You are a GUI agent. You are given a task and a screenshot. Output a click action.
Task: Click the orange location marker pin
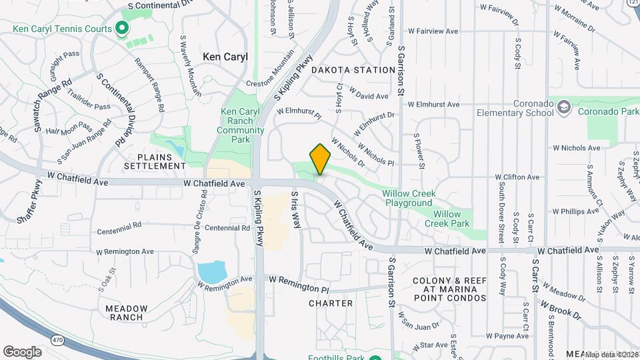click(321, 159)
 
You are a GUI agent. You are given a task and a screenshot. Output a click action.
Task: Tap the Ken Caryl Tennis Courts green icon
click(121, 28)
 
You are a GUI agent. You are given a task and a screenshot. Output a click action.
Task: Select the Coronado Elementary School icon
click(564, 107)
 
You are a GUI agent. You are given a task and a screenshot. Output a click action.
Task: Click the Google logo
click(22, 351)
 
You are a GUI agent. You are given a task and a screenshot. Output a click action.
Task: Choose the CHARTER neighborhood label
click(331, 303)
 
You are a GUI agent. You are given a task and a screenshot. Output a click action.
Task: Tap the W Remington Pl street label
click(300, 287)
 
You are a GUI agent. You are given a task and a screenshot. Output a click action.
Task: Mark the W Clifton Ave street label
click(517, 177)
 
